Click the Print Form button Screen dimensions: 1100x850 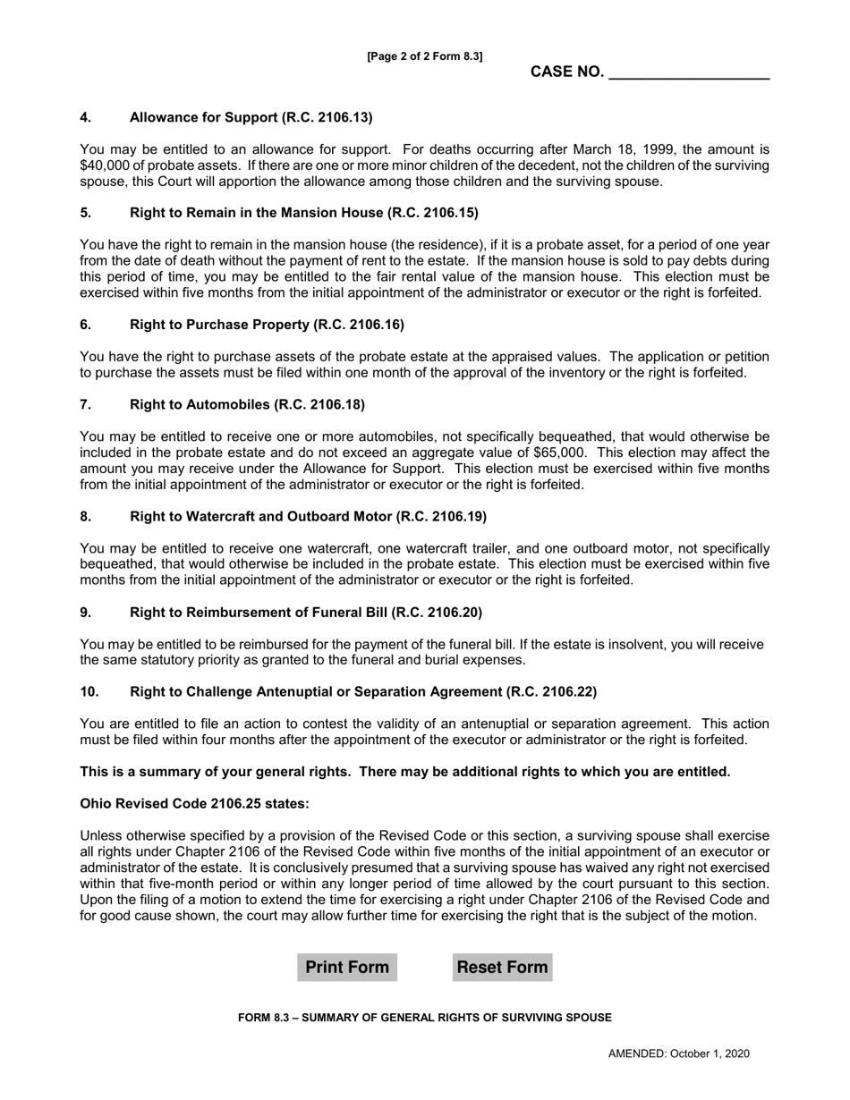pos(347,968)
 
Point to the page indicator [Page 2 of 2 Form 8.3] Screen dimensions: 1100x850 pos(425,56)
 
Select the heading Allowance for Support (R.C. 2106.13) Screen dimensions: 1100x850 pos(251,117)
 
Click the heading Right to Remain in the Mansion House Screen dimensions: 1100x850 pos(303,213)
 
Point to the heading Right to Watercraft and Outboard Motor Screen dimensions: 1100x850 pos(308,516)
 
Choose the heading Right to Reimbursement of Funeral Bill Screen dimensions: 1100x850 pos(306,612)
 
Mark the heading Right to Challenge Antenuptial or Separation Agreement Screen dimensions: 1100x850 pos(362,691)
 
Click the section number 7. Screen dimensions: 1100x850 pos(85,404)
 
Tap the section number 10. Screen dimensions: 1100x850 pos(89,691)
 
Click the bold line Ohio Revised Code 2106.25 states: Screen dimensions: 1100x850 pos(194,804)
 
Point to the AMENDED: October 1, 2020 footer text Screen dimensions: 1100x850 pos(678,1053)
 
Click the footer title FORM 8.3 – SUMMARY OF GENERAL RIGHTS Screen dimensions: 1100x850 pos(425,1018)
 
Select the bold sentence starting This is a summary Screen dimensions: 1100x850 pos(404,772)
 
